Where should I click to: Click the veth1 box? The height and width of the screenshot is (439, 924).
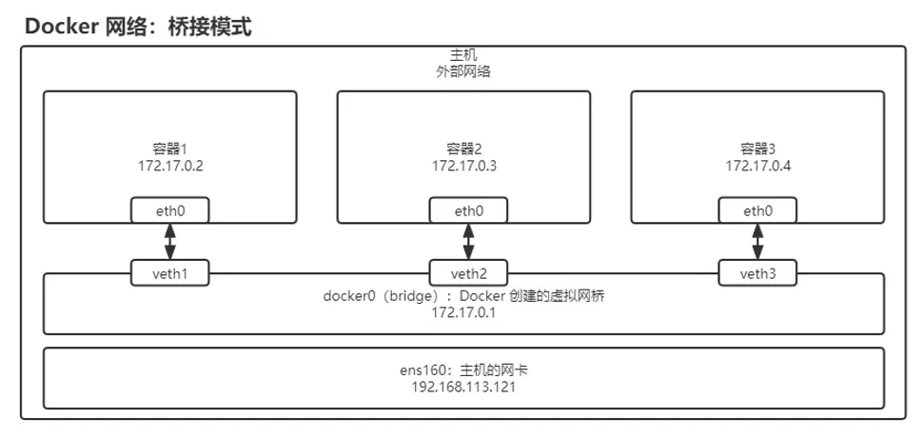click(x=171, y=275)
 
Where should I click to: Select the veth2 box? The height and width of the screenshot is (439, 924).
click(x=466, y=275)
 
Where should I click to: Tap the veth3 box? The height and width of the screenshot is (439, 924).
click(x=758, y=275)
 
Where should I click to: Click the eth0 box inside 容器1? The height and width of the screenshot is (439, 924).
click(x=171, y=210)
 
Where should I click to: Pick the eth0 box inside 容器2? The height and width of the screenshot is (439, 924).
click(x=466, y=210)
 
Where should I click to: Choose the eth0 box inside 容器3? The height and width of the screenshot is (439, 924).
click(x=758, y=210)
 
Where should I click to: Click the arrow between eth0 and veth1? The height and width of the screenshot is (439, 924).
click(x=171, y=242)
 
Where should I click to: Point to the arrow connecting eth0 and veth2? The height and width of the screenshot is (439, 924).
click(x=466, y=242)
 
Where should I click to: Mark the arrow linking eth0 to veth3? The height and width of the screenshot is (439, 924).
click(x=758, y=242)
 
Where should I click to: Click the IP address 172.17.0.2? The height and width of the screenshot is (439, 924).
click(x=171, y=166)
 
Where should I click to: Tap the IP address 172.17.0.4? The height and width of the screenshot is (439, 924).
click(x=758, y=166)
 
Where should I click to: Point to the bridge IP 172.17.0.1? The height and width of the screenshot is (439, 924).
click(x=464, y=312)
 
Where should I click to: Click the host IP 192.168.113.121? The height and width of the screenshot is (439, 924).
click(x=464, y=388)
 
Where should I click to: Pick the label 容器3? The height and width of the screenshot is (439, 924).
click(x=758, y=150)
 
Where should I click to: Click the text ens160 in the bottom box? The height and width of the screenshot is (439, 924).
click(x=419, y=370)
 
